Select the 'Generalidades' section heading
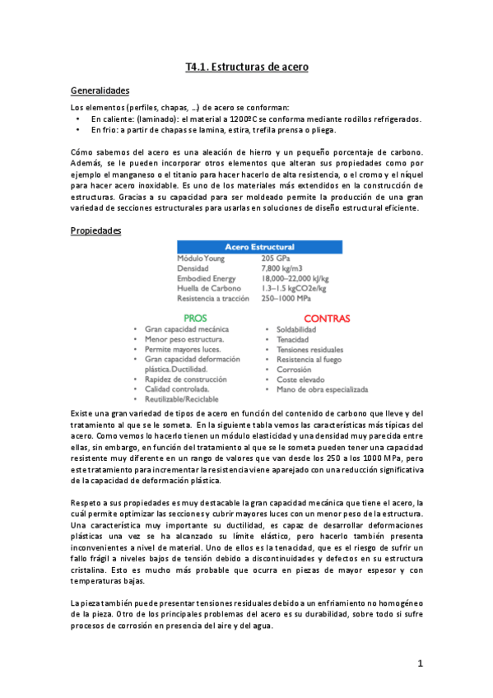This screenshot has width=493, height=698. click(100, 91)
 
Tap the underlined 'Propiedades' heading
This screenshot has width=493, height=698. click(96, 230)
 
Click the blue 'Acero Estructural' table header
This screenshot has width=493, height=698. click(259, 246)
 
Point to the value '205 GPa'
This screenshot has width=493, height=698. click(278, 258)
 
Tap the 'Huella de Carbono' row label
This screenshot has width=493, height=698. click(210, 289)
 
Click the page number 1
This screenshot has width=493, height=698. click(419, 663)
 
